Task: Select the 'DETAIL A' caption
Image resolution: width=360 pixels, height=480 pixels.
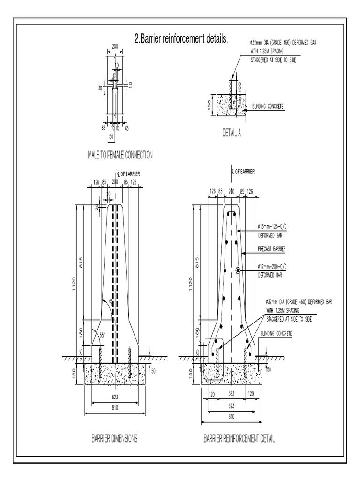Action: (232, 133)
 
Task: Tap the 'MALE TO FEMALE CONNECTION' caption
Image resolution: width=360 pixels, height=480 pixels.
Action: (120, 154)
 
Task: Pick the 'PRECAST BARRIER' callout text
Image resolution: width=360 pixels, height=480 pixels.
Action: (272, 248)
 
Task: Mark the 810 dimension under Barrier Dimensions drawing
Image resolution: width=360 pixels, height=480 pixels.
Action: (115, 408)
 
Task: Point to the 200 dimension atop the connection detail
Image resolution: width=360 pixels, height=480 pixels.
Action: (115, 47)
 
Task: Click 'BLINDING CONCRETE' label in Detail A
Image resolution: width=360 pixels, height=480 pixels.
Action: (268, 106)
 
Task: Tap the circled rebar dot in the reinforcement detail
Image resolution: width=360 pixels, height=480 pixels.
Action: (238, 270)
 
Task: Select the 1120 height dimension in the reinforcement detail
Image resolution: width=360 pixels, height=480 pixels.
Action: (190, 284)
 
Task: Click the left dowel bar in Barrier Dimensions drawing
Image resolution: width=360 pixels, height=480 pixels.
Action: (100, 363)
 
